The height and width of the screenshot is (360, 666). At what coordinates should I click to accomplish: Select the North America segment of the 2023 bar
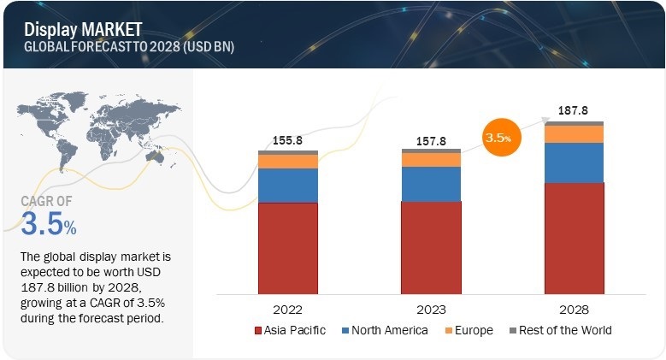[x=431, y=184]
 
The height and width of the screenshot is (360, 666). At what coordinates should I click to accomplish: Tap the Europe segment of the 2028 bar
[x=574, y=134]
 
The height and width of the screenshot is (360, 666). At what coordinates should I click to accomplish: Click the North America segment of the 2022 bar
[x=288, y=186]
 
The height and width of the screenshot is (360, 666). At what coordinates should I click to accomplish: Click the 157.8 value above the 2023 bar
[x=431, y=138]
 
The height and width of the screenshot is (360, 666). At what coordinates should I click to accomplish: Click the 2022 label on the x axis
[x=288, y=309]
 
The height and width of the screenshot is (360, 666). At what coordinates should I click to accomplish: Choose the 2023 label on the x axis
[x=431, y=309]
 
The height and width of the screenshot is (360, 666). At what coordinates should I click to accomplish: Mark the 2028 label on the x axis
[x=574, y=309]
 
